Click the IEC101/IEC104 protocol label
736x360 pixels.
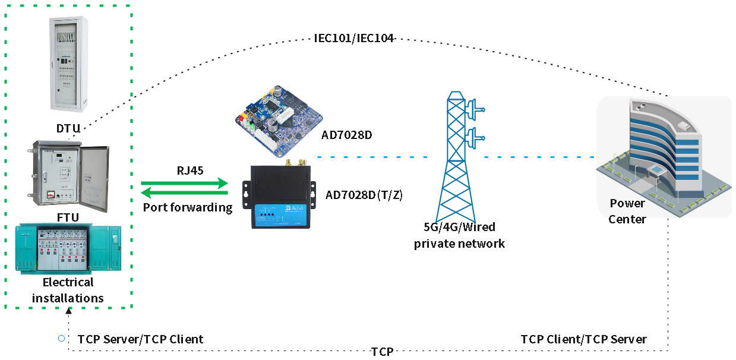[x=354, y=38]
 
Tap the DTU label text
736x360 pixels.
[x=68, y=129]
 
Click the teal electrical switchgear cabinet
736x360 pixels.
[x=68, y=248]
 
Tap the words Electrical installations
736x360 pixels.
[x=68, y=290]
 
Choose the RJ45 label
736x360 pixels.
[x=190, y=171]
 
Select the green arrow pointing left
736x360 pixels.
[x=184, y=192]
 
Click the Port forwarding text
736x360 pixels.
[x=188, y=207]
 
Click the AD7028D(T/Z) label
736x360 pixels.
[x=364, y=195]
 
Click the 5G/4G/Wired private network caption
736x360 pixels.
[x=459, y=235]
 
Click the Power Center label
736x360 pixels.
[x=627, y=211]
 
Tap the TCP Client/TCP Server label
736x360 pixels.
[x=583, y=339]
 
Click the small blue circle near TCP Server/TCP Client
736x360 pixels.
[x=61, y=339]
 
